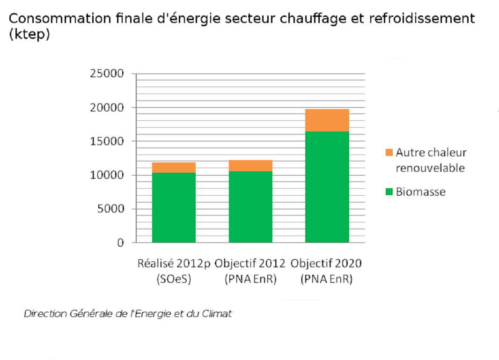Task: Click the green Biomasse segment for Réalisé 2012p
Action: tap(174, 207)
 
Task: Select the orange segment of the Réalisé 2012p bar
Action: tap(174, 168)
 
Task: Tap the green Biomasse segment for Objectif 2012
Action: tap(250, 206)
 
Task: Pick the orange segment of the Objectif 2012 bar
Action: tap(250, 166)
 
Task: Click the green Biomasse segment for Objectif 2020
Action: tap(327, 187)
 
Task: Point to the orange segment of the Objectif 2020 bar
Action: tap(327, 120)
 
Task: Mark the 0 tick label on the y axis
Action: tap(120, 242)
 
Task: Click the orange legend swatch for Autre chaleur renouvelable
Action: tap(389, 153)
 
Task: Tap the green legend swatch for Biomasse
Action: tap(389, 192)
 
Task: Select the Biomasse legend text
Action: tap(420, 192)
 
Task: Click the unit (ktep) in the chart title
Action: tap(29, 35)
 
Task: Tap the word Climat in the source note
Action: tap(217, 314)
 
